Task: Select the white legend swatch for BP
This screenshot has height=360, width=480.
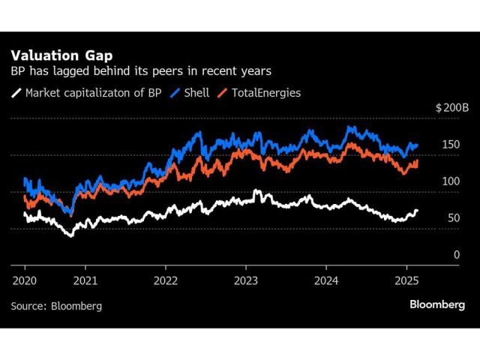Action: tap(16, 93)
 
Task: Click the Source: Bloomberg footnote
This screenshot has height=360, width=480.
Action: tap(56, 306)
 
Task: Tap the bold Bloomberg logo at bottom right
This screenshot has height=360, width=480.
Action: tap(437, 304)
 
